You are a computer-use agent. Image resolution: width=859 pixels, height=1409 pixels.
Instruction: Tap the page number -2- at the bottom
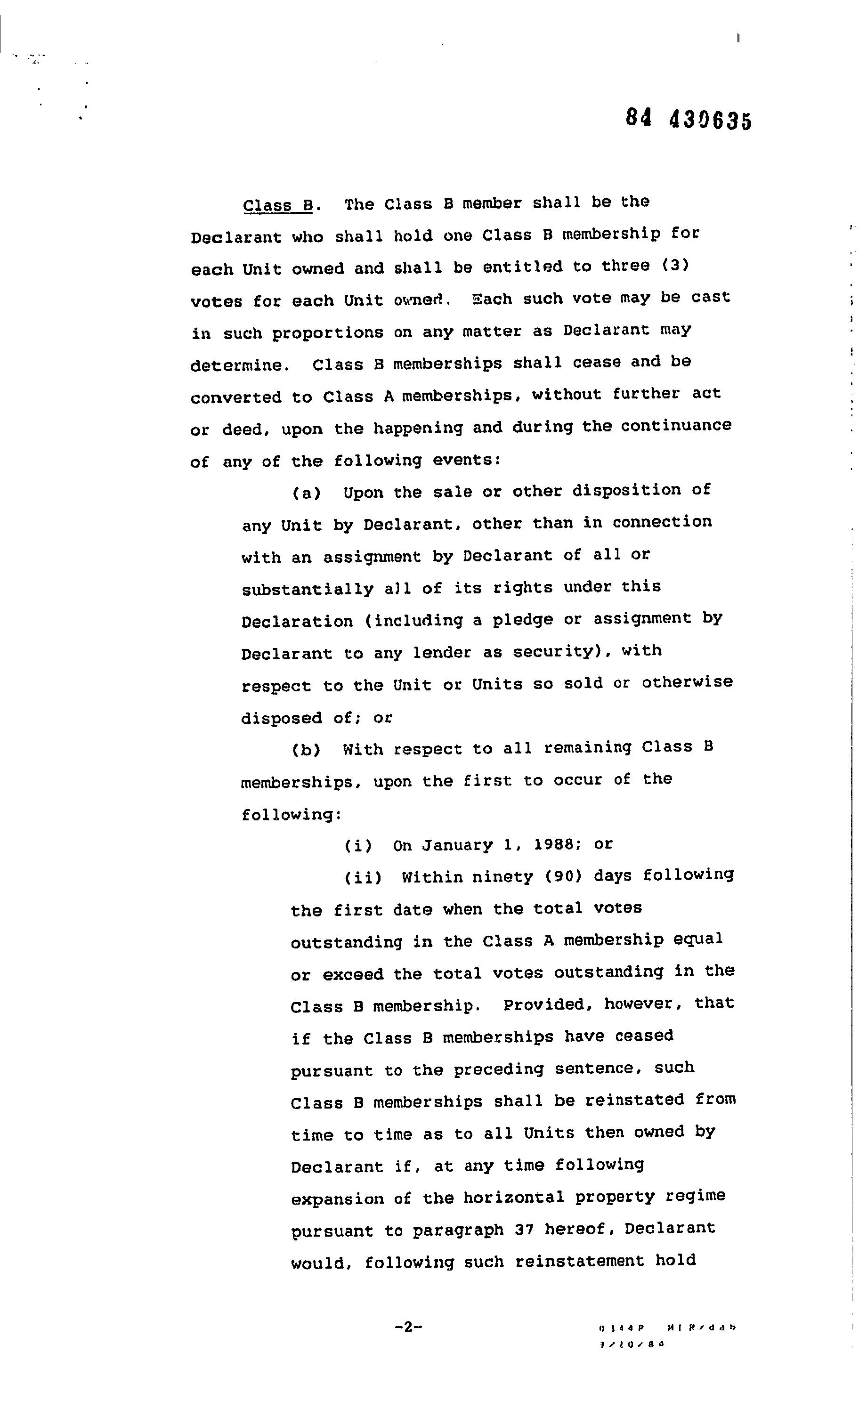pyautogui.click(x=408, y=1327)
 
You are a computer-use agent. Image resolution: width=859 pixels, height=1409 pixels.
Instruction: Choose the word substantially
pyautogui.click(x=308, y=589)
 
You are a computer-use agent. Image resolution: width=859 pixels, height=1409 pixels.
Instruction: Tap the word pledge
pyautogui.click(x=523, y=620)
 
